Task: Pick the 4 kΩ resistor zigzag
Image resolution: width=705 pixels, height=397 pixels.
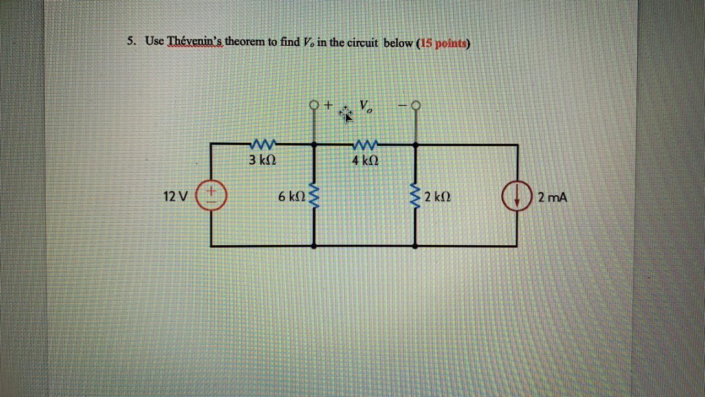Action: coord(365,145)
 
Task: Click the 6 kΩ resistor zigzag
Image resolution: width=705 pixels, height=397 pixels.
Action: coord(314,195)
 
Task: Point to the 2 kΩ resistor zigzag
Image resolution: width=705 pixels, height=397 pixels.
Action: coord(414,196)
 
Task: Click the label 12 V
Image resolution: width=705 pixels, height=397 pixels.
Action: coord(176,196)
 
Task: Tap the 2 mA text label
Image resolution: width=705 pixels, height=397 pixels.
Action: coord(552,196)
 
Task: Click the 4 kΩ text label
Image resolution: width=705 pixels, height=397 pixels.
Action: coord(365,161)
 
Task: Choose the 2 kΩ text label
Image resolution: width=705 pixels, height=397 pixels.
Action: coord(438,196)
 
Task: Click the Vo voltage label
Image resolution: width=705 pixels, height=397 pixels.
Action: coord(366,106)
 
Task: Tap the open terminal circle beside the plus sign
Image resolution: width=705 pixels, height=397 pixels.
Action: coord(314,104)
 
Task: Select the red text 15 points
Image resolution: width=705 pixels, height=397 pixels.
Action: coord(443,43)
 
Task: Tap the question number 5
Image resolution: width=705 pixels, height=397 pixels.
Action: coord(131,41)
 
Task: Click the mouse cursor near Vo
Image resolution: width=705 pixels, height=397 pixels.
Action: coord(346,114)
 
